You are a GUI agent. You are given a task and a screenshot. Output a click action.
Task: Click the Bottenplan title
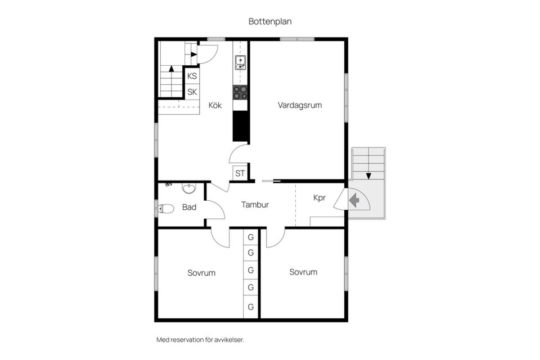point(270,21)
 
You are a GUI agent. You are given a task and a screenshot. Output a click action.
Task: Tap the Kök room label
point(215,105)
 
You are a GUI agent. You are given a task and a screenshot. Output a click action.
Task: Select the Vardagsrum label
point(300,105)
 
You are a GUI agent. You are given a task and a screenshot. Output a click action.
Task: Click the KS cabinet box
point(192,76)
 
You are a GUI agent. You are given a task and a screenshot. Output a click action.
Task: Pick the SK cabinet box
point(192,92)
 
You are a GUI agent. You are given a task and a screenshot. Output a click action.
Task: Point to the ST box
point(240,173)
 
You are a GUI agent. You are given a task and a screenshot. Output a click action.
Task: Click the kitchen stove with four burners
point(240,92)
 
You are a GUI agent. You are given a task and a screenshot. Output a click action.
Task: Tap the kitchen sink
point(240,62)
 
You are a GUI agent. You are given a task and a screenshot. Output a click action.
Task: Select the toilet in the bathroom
point(165,209)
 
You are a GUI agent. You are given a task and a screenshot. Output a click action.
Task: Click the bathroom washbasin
point(188,188)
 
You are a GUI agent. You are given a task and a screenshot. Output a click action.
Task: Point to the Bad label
point(189,207)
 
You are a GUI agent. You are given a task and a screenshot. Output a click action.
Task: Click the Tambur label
point(255,205)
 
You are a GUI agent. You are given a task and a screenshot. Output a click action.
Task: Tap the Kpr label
point(319,198)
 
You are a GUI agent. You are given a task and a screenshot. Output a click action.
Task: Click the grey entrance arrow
point(354,200)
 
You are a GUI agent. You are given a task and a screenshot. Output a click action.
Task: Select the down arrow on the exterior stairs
point(368,175)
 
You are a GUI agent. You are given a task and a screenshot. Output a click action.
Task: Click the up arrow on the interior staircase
point(171,68)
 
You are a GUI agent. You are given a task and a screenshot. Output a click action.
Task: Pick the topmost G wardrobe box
point(251,237)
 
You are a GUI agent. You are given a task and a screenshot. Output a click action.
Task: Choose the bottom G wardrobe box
point(251,307)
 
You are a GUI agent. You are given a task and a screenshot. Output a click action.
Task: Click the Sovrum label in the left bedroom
point(201,273)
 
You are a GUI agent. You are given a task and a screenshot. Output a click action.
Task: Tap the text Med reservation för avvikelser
point(200,340)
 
